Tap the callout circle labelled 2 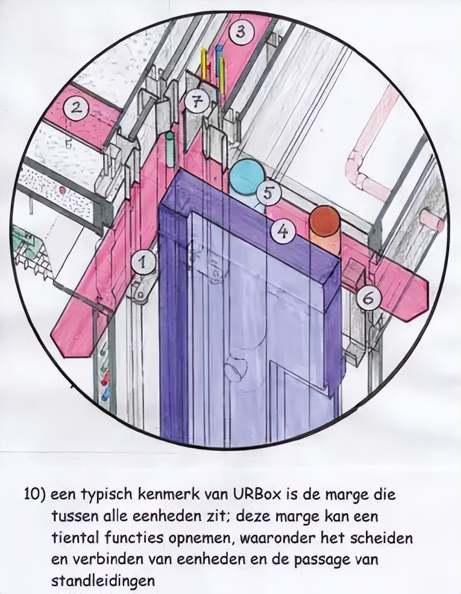tap(77, 109)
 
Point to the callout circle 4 tap(283, 233)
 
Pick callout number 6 tap(368, 297)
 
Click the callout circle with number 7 tap(197, 101)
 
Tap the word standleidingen tap(102, 581)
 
